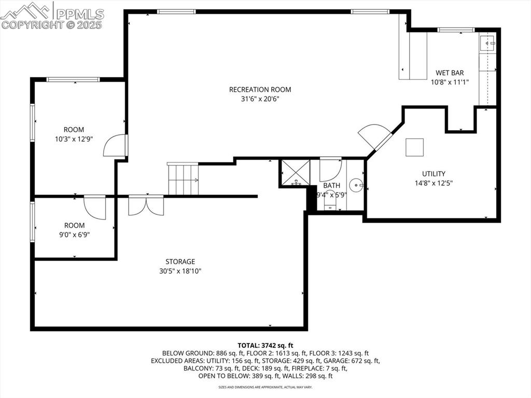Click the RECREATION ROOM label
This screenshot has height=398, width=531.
click(260, 89)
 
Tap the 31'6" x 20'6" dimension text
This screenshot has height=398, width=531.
click(260, 99)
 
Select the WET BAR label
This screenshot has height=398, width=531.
click(449, 73)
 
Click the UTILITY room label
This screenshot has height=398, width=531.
click(433, 174)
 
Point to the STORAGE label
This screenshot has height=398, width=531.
click(180, 262)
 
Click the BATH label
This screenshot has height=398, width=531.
click(331, 185)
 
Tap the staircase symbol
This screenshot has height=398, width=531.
click(183, 180)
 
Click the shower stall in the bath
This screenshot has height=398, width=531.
click(295, 173)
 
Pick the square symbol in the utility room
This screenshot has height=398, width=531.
click(414, 147)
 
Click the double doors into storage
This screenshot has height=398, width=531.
click(146, 205)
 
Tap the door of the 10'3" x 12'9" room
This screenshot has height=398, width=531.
click(115, 146)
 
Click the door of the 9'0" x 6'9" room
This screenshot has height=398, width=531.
click(95, 207)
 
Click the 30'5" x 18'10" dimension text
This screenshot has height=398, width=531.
click(180, 271)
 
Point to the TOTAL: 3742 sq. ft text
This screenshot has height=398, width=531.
click(265, 345)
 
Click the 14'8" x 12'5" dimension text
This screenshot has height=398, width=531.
click(433, 183)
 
